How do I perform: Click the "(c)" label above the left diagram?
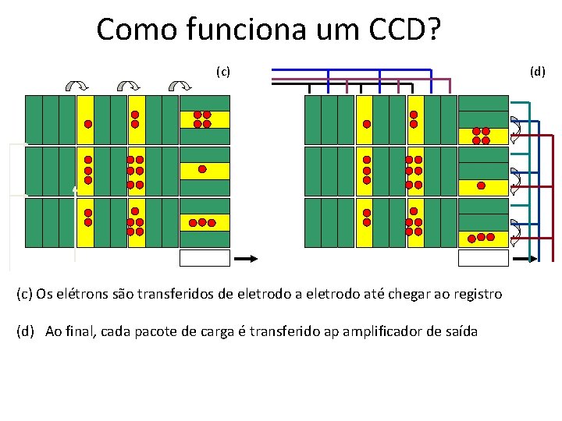pos(223,73)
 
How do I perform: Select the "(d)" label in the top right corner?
pos(538,73)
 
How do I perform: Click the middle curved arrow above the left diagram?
pos(128,86)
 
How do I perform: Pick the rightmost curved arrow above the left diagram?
pos(180,86)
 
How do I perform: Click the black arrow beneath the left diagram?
pos(246,257)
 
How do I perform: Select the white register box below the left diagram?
pos(205,257)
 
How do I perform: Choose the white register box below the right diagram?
pos(483,257)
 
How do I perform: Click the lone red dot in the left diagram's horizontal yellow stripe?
pos(202,168)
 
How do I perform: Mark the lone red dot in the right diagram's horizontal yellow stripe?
pos(481,186)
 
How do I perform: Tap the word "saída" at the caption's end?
pos(461,331)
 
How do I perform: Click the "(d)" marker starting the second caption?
pos(27,331)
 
